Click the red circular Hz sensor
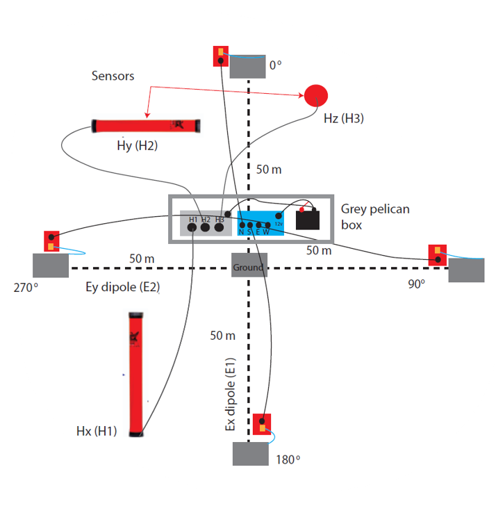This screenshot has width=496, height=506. (316, 95)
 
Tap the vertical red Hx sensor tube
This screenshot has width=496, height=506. (135, 375)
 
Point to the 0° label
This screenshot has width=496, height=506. (276, 65)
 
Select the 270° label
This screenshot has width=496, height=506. (24, 286)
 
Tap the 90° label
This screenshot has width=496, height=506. (416, 284)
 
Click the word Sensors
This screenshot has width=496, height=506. (113, 76)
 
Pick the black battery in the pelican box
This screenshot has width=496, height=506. (308, 219)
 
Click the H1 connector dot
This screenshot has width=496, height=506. (192, 227)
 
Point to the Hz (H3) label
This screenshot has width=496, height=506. (343, 119)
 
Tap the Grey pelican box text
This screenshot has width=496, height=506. (375, 217)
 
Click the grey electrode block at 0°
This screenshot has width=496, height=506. (248, 67)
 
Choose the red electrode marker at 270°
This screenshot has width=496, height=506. (51, 241)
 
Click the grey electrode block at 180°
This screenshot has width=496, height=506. (249, 454)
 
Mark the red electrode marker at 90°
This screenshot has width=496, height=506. (437, 255)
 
